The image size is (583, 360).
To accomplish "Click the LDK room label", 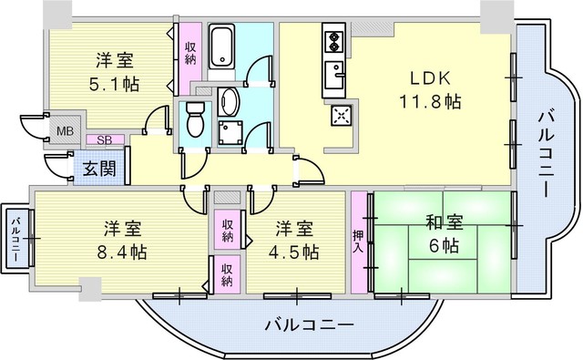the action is pyautogui.click(x=430, y=78).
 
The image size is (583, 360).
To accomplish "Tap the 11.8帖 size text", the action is pyautogui.click(x=430, y=101).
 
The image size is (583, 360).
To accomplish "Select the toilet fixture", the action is pyautogui.click(x=195, y=119).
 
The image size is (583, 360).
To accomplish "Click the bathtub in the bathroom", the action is pyautogui.click(x=221, y=46).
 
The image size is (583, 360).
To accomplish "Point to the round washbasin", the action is pyautogui.click(x=228, y=101).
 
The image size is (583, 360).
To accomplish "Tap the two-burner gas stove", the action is pyautogui.click(x=334, y=41).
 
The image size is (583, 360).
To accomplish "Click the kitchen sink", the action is pyautogui.click(x=334, y=75).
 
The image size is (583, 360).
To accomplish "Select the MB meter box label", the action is pyautogui.click(x=65, y=131).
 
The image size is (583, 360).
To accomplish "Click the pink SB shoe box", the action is pyautogui.click(x=105, y=139).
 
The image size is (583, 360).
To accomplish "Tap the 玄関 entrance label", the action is pyautogui.click(x=99, y=169).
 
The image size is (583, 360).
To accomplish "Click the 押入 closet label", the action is pyautogui.click(x=358, y=241).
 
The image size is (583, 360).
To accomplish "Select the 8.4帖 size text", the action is pyautogui.click(x=122, y=252).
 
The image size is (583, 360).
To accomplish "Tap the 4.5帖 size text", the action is pyautogui.click(x=293, y=252).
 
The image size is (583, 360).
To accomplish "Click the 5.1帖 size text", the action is pyautogui.click(x=115, y=85).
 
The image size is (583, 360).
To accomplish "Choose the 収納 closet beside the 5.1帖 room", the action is pyautogui.click(x=190, y=54).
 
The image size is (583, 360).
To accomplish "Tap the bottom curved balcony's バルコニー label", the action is pyautogui.click(x=310, y=325).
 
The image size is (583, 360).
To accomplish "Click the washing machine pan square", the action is pyautogui.click(x=230, y=133).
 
